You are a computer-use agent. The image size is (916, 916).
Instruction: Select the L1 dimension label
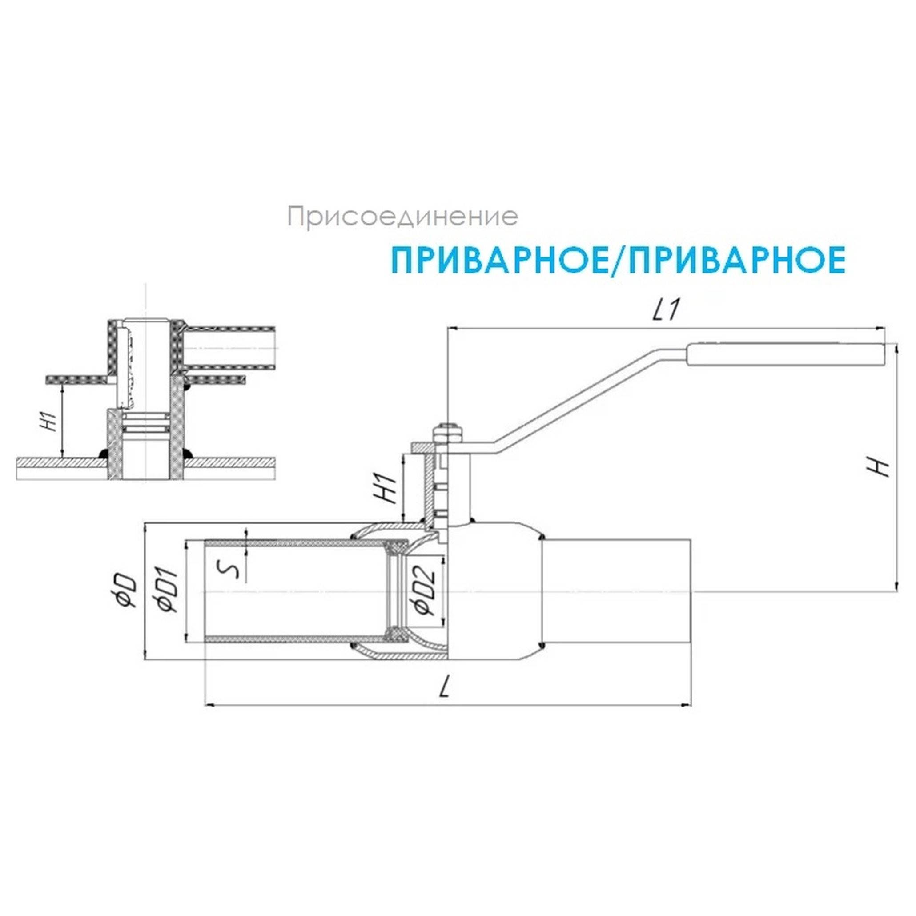[667, 310]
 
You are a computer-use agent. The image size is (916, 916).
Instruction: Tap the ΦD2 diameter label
[424, 591]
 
